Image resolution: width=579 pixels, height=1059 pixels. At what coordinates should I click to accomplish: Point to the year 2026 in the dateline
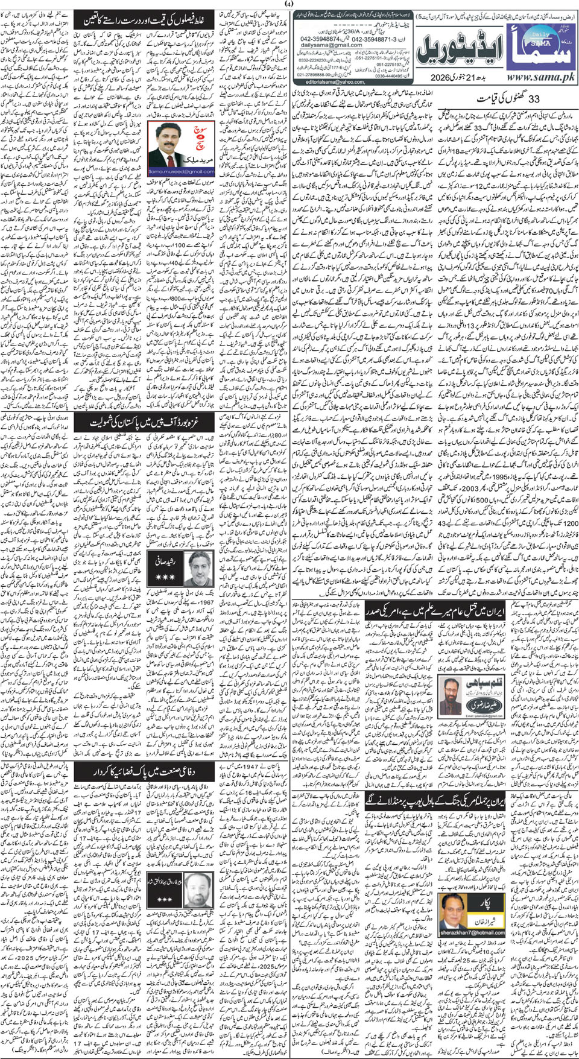pos(444,78)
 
